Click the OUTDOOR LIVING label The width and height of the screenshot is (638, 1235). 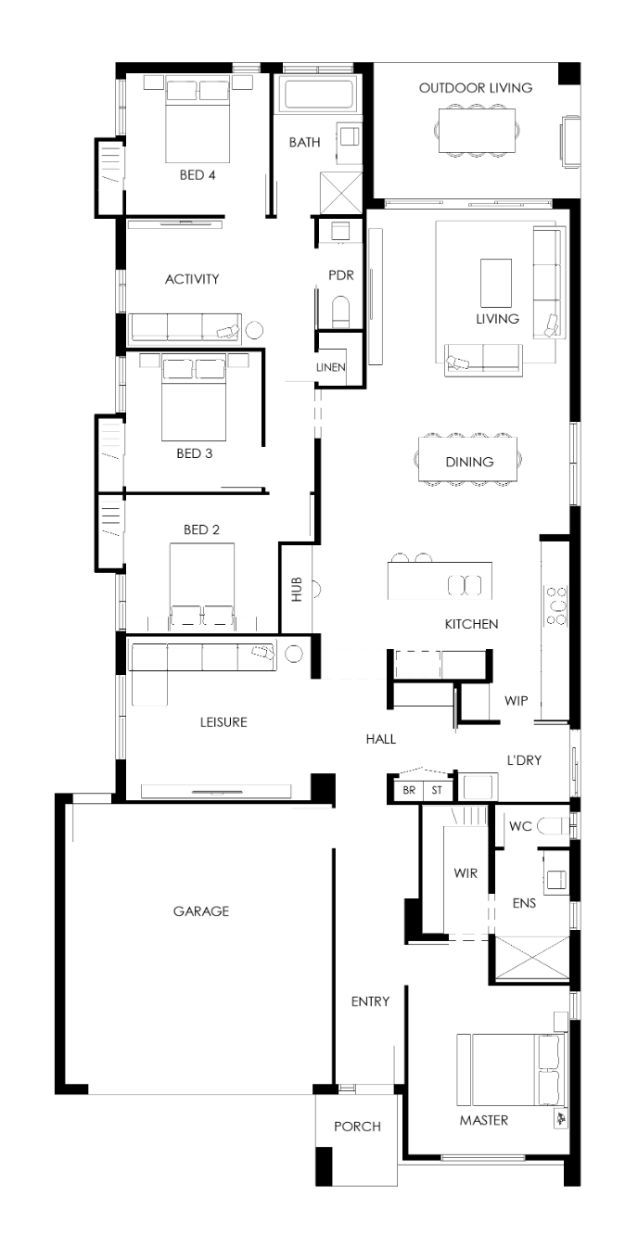click(476, 88)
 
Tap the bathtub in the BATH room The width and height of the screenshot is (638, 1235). click(318, 93)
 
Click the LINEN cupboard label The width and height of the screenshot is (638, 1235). click(331, 367)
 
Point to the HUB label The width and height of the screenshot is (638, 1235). click(297, 589)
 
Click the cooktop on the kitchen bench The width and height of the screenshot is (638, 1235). click(555, 606)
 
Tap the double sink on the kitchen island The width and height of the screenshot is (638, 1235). click(465, 585)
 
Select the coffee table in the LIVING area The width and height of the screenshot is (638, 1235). click(496, 283)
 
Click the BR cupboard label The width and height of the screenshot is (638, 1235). click(409, 790)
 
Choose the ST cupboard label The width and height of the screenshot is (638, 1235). click(437, 790)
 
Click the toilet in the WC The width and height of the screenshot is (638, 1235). click(553, 825)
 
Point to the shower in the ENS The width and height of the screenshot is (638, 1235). click(532, 959)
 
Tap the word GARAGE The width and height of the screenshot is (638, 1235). click(200, 911)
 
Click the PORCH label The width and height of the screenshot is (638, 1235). click(357, 1127)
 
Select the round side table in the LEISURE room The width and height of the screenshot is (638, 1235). click(294, 654)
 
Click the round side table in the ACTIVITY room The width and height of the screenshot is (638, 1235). click(254, 330)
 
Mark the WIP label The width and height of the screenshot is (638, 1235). click(517, 701)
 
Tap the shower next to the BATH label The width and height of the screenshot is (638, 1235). click(341, 193)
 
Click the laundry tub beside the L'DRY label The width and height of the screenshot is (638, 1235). click(478, 787)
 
